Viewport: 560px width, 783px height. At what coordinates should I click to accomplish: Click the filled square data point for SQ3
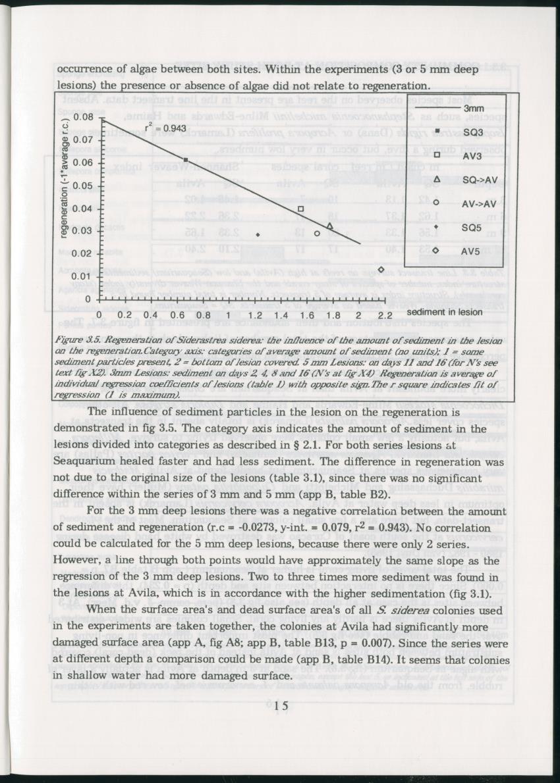point(186,160)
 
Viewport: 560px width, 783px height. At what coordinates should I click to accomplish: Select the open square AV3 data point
point(300,209)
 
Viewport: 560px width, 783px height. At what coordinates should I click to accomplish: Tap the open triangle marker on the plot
point(330,226)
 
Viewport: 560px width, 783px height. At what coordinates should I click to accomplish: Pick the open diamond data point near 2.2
point(381,270)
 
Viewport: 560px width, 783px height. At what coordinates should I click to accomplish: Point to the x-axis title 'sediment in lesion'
point(445,312)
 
